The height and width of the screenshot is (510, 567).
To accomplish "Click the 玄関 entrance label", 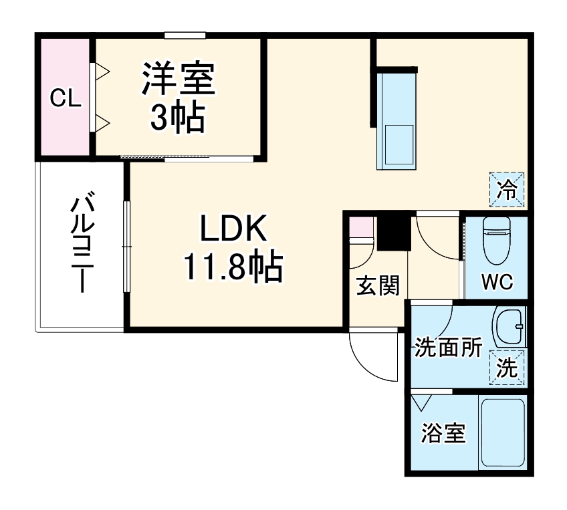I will tap(377, 285).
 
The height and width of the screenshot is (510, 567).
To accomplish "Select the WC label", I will tap(497, 282).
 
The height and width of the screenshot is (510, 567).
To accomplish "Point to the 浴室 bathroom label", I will tap(443, 434).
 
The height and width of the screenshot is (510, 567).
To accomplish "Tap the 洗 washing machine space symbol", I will tap(507, 368).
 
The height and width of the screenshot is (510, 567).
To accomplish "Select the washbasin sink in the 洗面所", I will tap(509, 327).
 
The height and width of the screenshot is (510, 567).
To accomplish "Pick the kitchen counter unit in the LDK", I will tap(397, 120).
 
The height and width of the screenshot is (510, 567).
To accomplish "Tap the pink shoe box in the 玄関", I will tap(360, 229).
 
